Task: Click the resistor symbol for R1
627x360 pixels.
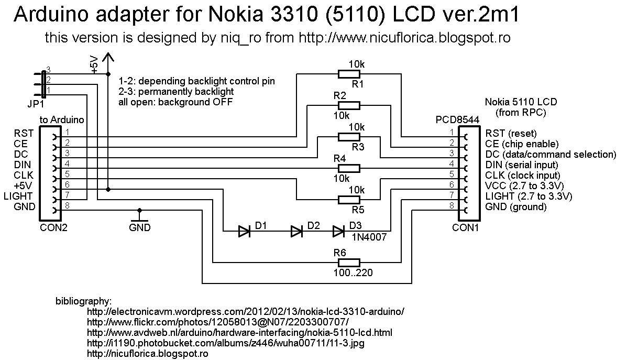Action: click(349, 74)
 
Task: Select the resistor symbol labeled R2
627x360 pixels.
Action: click(349, 106)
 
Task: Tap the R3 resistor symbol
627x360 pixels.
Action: click(349, 137)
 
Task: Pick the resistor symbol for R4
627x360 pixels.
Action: click(349, 168)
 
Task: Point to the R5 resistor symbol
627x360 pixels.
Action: click(349, 200)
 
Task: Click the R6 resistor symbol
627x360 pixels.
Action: click(349, 263)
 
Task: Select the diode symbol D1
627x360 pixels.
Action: click(244, 231)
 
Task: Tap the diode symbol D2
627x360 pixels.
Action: click(296, 231)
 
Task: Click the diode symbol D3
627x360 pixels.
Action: click(338, 231)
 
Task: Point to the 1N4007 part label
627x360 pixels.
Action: click(369, 237)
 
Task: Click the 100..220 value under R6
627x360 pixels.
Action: click(353, 273)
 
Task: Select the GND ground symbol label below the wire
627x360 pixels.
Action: click(139, 227)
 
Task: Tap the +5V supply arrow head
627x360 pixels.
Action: click(107, 57)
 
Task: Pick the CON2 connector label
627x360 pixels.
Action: click(53, 227)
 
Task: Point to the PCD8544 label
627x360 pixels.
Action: click(457, 120)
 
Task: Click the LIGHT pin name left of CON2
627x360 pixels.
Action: click(18, 197)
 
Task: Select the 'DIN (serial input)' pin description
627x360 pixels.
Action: click(521, 165)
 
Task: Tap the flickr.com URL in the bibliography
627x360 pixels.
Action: click(218, 322)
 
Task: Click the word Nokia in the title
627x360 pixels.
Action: click(236, 15)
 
